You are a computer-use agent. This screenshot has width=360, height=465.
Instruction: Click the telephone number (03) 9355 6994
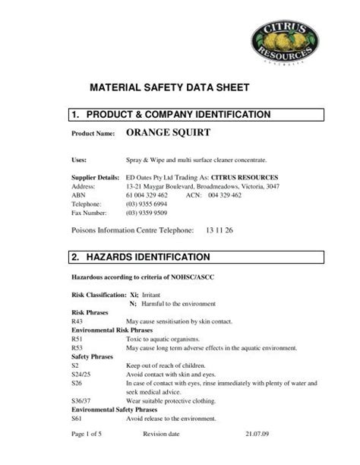tap(146, 204)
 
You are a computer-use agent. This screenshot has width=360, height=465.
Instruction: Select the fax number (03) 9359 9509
tap(146, 214)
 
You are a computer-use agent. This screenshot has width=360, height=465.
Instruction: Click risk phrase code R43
tap(77, 321)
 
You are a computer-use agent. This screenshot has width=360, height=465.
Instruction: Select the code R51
tap(77, 339)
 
